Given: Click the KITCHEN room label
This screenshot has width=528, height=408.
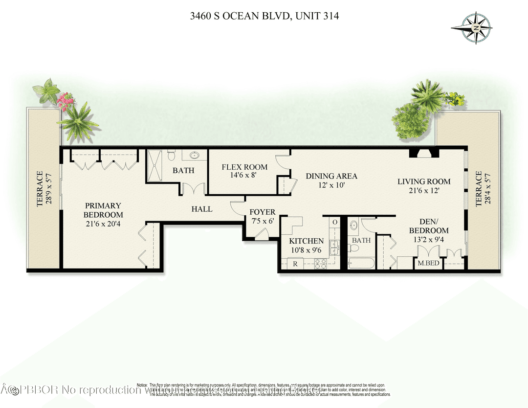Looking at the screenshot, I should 306,241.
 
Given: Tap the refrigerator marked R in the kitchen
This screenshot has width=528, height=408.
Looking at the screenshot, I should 295,263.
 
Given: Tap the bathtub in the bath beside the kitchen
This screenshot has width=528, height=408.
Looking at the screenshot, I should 361,263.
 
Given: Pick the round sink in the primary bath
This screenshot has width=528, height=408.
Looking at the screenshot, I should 195,155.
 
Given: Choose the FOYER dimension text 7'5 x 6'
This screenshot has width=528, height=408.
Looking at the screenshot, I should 262,221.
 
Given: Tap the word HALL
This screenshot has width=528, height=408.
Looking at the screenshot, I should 201,209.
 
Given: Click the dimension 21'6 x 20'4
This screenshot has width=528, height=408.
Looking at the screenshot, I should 103,224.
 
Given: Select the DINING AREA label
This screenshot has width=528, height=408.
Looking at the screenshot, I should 331,176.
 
